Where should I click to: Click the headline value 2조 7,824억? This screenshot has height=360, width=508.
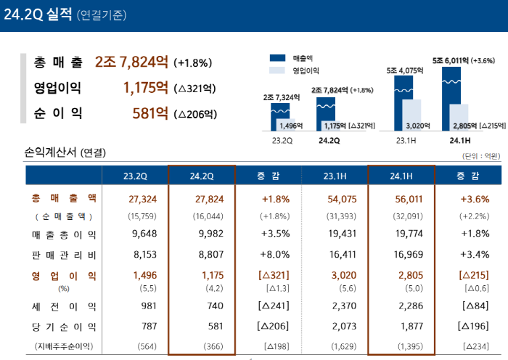coord(133,62)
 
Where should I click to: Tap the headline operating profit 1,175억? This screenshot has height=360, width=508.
coord(146,88)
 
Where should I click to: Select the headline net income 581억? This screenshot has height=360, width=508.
coord(150,113)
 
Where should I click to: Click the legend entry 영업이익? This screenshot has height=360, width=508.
coord(306,70)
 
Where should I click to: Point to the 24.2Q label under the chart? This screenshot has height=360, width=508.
coord(329,141)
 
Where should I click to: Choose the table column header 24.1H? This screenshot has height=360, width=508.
coord(401,176)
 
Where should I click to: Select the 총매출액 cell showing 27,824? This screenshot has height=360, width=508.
coord(201,198)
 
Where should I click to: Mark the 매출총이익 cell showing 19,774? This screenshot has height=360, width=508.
coord(401,234)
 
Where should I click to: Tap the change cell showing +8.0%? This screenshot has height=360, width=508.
coord(269,255)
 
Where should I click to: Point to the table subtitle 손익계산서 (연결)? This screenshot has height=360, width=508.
coord(65,152)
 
